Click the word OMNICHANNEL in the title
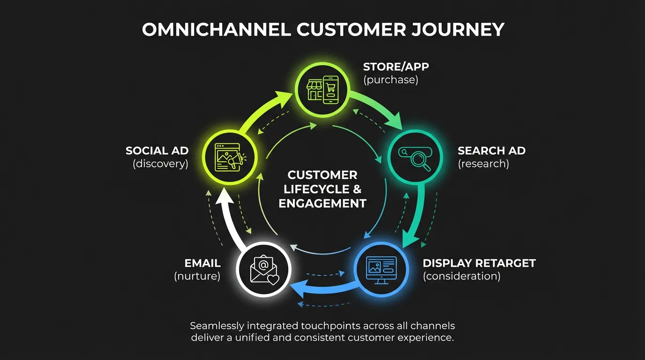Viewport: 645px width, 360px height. [216, 30]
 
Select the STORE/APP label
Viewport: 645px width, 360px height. [396, 66]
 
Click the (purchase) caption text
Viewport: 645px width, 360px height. [391, 80]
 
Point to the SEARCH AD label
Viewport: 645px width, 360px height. [491, 150]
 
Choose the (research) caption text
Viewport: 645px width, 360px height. [483, 164]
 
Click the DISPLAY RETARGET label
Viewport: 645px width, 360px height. [479, 263]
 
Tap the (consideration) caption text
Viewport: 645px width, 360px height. [462, 276]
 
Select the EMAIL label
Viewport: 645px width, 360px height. [202, 263]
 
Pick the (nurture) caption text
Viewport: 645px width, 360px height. [197, 276]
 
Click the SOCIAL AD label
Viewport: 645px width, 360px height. [157, 150]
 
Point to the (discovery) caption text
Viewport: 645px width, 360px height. [160, 164]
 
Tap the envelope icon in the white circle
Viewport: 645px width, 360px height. [263, 270]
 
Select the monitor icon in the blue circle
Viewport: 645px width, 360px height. [381, 269]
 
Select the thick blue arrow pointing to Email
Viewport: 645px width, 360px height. [323, 288]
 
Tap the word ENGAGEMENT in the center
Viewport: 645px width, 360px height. [322, 203]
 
